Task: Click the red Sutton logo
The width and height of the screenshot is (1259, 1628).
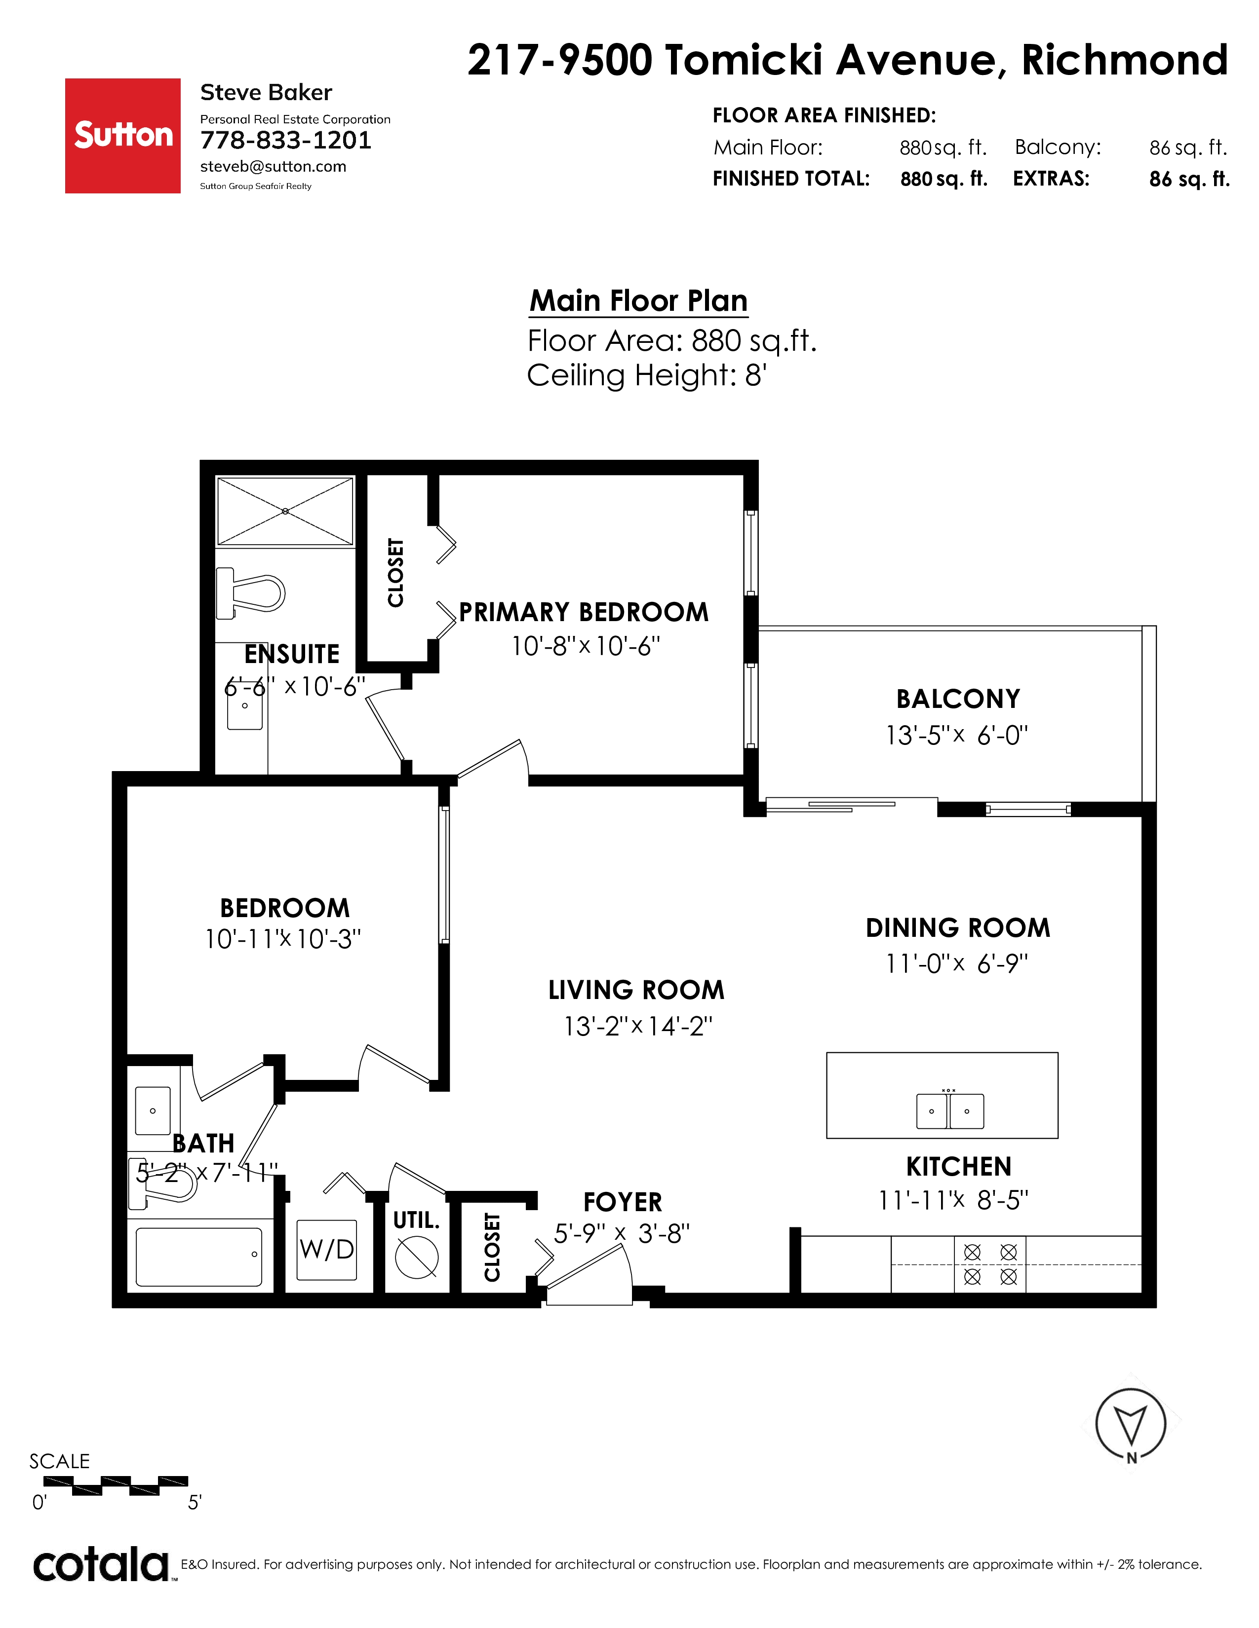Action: (x=122, y=136)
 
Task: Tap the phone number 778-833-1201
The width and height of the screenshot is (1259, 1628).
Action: (x=286, y=140)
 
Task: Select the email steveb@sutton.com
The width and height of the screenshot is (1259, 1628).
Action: (x=273, y=166)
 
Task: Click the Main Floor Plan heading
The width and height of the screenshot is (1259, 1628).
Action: (x=638, y=300)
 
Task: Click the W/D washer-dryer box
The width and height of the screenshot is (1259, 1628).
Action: (x=327, y=1249)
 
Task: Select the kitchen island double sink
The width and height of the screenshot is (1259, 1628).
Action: (x=949, y=1110)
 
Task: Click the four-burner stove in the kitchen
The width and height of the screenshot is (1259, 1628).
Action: (x=990, y=1264)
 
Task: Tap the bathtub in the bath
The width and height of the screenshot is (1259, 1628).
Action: (x=199, y=1257)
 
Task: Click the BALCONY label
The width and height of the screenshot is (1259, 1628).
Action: (x=958, y=699)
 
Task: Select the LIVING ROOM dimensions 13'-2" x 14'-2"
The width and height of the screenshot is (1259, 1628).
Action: (x=638, y=1027)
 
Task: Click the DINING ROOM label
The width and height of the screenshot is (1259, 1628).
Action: (x=958, y=927)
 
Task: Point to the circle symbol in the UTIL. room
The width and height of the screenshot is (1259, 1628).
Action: (x=416, y=1257)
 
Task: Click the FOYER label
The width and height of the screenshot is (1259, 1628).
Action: (x=622, y=1202)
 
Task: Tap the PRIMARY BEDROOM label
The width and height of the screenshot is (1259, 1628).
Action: (x=583, y=612)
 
